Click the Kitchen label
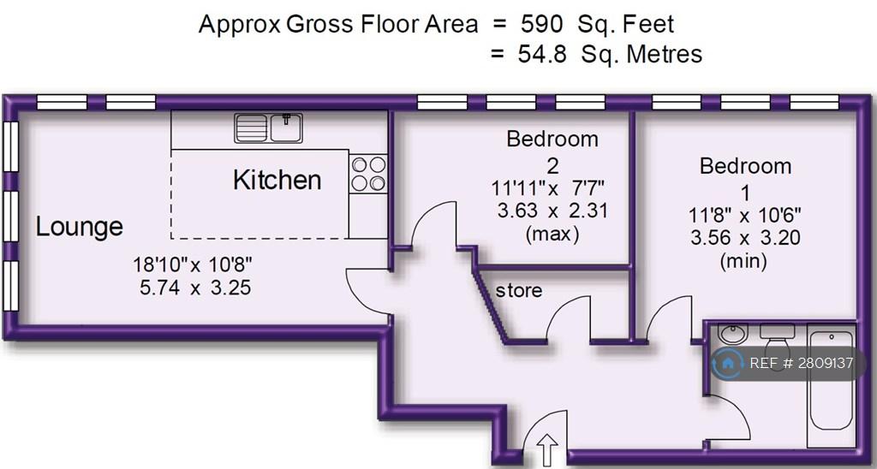pos(277,180)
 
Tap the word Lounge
pos(80,228)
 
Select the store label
pos(519,291)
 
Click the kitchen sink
pos(268,128)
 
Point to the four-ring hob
pos(368,174)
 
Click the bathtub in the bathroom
pos(831,388)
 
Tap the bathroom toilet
pos(777,339)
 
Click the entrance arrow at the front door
pos(546,448)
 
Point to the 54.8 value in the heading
pos(542,54)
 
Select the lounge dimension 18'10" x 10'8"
pos(193,264)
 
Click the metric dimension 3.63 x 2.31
pos(552,211)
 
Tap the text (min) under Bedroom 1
pos(744,261)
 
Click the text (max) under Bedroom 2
pos(552,234)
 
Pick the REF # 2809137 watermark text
pos(802,364)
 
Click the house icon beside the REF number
pos(728,364)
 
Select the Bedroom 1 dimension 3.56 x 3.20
pos(745,238)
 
